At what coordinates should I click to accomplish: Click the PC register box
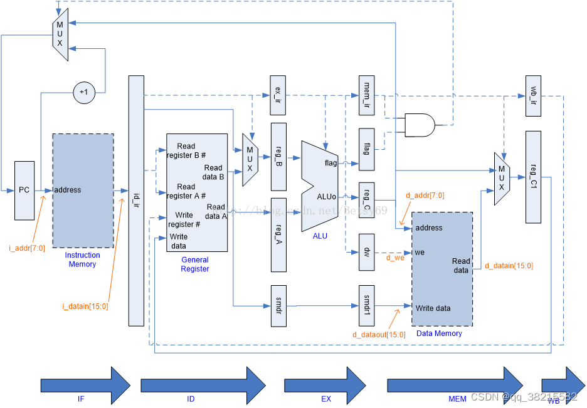[x=24, y=191]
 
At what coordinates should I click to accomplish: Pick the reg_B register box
[x=278, y=157]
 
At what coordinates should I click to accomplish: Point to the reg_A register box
[x=278, y=235]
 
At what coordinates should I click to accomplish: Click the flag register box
[x=366, y=149]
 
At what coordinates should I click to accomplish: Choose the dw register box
[x=366, y=253]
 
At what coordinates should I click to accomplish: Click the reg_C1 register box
[x=533, y=177]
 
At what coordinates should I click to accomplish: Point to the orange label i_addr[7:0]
[x=27, y=249]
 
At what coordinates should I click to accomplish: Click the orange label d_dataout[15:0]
[x=378, y=335]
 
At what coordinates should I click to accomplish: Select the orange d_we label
[x=395, y=258]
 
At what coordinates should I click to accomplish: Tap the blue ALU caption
[x=320, y=236]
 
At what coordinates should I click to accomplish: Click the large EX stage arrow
[x=325, y=384]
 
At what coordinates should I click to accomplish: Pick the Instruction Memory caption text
[x=82, y=259]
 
